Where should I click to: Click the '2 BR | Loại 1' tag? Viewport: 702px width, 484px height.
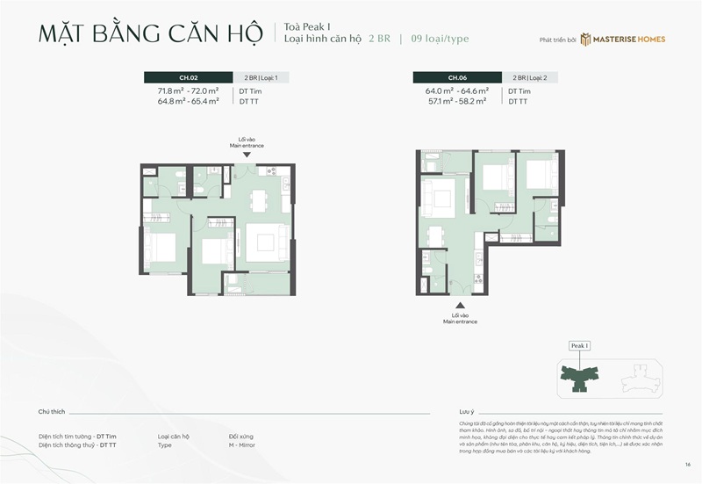pos(260,77)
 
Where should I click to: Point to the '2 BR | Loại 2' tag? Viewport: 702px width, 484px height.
pos(530,77)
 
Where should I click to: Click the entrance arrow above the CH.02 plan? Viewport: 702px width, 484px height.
pos(247,155)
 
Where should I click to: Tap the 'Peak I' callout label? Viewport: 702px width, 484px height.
pos(579,346)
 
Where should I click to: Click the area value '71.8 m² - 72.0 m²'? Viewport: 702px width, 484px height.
pos(188,91)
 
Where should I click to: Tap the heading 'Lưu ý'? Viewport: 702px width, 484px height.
pos(466,411)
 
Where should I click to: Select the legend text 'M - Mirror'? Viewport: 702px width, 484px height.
pos(245,445)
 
